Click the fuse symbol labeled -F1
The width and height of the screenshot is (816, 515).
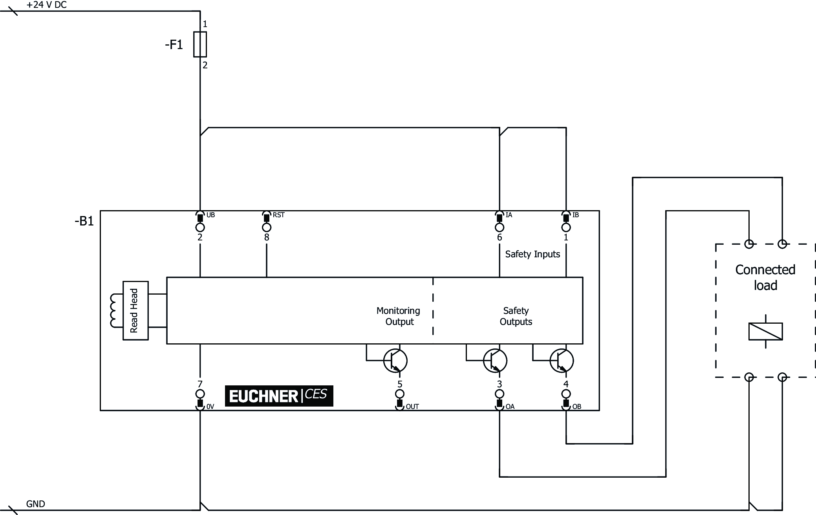click(x=200, y=44)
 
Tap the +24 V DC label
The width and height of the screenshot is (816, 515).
click(x=46, y=5)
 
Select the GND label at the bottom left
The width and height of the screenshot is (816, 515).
click(x=35, y=504)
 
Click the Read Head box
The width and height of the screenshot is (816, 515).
click(x=135, y=310)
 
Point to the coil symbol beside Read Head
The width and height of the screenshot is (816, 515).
click(x=115, y=310)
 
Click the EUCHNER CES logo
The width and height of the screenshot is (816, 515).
click(x=279, y=396)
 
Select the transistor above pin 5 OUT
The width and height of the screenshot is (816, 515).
click(x=395, y=361)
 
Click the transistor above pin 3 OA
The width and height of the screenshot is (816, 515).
click(x=495, y=361)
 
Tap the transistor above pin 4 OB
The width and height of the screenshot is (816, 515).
click(x=562, y=361)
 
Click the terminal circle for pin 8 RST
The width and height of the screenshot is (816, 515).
click(x=267, y=227)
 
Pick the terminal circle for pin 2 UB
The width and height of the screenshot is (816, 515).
click(x=200, y=227)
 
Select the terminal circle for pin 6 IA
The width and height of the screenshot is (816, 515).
click(x=499, y=227)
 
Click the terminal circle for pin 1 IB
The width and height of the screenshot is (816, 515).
click(x=566, y=227)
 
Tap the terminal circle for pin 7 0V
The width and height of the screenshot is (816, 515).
click(x=200, y=394)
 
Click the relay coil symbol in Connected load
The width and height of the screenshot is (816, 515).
click(x=765, y=331)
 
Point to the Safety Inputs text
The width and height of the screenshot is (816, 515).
click(x=532, y=254)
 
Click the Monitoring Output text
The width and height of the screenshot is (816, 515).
click(x=399, y=316)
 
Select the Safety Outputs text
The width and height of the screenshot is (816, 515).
click(x=516, y=316)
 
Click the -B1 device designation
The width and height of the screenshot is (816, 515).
click(x=84, y=221)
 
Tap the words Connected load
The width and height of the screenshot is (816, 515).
click(x=765, y=277)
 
